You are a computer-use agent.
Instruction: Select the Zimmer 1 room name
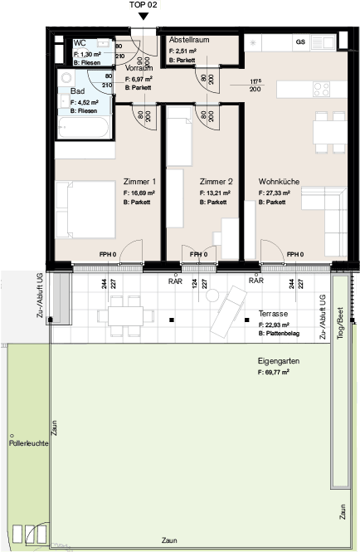point(139,181)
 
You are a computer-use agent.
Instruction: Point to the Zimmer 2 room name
point(217,181)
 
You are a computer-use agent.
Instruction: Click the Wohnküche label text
point(280,181)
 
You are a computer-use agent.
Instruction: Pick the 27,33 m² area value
point(280,193)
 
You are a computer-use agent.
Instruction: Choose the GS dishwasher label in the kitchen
point(300,41)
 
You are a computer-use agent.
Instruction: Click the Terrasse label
point(273,315)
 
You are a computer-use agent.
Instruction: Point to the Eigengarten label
point(279,362)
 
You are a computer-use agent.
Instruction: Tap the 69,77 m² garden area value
point(274,374)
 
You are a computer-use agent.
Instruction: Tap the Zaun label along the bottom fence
point(169,540)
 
